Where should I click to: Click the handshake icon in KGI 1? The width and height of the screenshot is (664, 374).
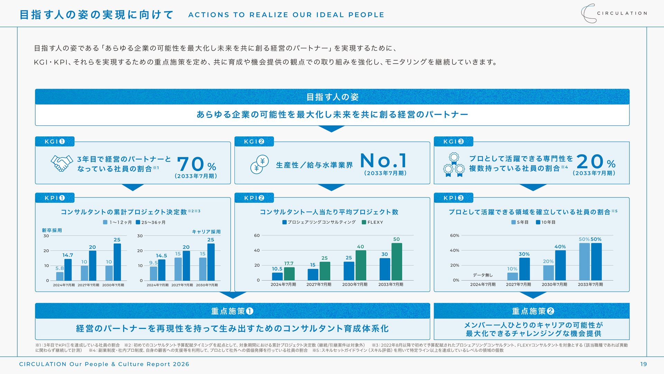tap(62, 163)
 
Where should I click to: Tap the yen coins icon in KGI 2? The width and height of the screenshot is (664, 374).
tap(259, 164)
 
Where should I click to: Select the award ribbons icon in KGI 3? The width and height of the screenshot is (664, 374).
tap(454, 165)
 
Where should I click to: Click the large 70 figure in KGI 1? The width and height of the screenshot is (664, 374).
tap(191, 164)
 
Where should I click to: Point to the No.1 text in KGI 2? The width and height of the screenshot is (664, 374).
tap(384, 161)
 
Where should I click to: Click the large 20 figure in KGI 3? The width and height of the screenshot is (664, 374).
tap(590, 162)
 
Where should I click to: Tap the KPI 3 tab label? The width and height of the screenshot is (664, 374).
tap(453, 198)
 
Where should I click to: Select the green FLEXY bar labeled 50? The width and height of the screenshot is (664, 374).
tap(397, 261)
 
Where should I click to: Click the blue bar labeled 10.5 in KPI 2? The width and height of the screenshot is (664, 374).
tap(277, 276)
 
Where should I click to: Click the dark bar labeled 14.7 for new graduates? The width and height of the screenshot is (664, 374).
tap(68, 270)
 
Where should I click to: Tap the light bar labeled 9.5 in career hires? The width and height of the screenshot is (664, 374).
tap(154, 273)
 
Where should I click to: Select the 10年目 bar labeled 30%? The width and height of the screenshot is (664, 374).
tap(524, 269)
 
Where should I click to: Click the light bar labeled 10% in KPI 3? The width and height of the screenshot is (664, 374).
tap(513, 276)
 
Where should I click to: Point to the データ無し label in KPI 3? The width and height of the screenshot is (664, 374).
tap(482, 275)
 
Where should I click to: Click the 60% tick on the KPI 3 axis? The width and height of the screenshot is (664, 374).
tap(454, 235)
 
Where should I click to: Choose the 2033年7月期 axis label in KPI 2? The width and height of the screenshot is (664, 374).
tap(390, 284)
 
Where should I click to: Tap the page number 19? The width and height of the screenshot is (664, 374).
tap(643, 364)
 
